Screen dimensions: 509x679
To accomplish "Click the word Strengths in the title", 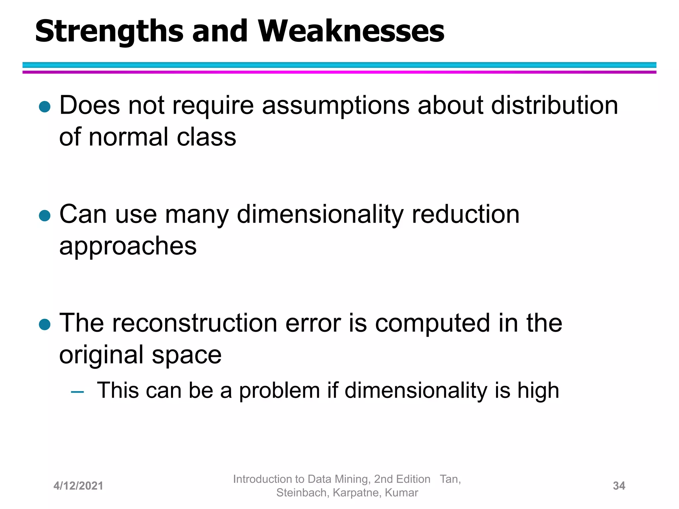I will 109,31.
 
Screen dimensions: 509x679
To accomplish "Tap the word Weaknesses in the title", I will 351,31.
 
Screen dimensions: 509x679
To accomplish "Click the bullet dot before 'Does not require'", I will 44,107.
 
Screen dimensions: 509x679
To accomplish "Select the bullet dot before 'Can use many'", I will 44,215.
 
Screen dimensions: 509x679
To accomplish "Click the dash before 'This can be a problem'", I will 77,392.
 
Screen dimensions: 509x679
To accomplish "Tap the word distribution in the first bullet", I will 554,105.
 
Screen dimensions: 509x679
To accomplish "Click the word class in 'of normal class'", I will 206,137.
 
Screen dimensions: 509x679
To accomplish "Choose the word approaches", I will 128,247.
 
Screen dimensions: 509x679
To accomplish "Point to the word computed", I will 432,323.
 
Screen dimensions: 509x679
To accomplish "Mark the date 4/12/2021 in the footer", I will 78,486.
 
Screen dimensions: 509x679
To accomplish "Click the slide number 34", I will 619,486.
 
